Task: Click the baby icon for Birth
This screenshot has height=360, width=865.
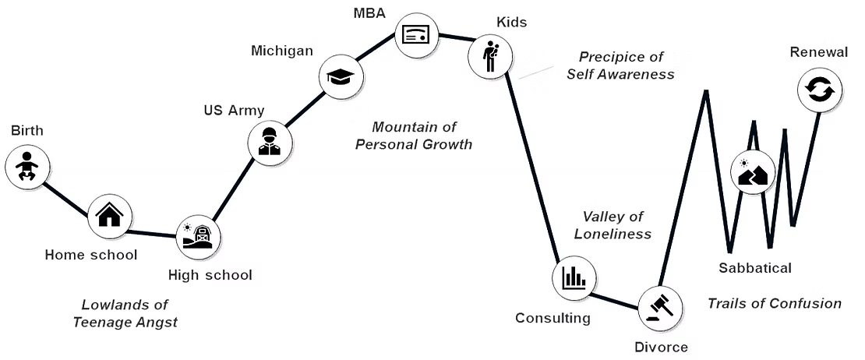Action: coord(27,166)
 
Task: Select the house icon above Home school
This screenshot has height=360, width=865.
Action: coord(109,215)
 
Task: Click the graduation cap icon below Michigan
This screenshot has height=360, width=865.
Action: coord(341,76)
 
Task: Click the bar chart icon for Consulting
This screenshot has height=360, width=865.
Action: coord(574,277)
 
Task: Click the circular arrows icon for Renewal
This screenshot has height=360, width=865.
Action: coord(819,90)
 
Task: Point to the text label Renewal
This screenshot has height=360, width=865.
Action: coord(818,52)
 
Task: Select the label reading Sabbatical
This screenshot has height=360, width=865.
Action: coord(754,268)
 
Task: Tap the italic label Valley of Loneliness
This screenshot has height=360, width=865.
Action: coord(613,224)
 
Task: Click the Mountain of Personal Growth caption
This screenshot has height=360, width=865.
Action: coord(414,135)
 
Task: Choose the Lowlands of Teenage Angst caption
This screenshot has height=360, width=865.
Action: coord(125,313)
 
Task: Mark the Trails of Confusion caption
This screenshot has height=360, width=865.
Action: coord(774,303)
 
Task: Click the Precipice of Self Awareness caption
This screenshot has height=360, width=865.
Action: coord(620,65)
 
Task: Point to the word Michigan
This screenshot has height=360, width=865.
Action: coord(282,51)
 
